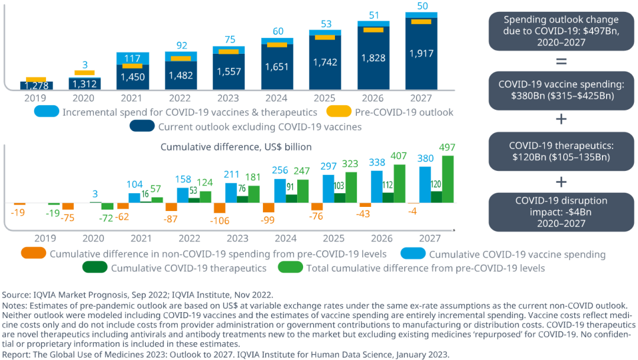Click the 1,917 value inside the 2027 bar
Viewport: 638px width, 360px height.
coord(421,54)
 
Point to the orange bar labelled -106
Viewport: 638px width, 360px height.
coord(219,208)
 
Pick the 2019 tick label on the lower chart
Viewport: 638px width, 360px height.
coord(45,238)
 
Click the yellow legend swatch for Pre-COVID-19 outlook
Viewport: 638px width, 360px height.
coord(340,112)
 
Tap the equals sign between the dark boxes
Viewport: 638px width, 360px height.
coord(561,61)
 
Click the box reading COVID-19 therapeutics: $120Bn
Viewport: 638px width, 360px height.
coord(561,151)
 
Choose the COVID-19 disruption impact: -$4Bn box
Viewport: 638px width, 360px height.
coord(561,212)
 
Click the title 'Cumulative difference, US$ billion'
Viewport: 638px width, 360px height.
coord(236,146)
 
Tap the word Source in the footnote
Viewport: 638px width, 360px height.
coord(17,295)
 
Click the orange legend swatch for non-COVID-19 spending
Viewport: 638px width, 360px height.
coord(34,254)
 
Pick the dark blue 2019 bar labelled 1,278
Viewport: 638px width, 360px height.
coord(41,86)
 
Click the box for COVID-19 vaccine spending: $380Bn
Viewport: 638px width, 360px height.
coord(561,90)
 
